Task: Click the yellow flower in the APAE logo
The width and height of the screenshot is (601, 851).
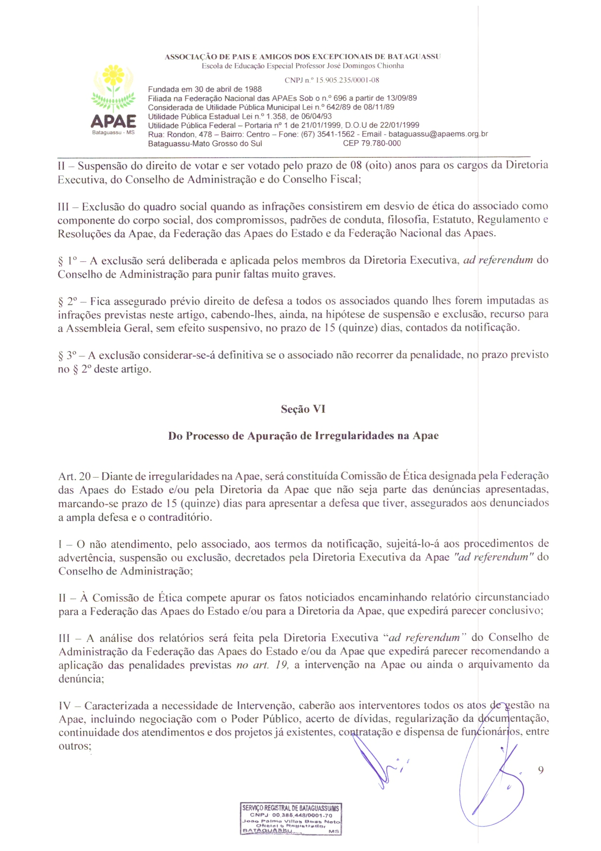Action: pyautogui.click(x=113, y=75)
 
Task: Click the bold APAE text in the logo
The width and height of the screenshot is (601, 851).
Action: pyautogui.click(x=113, y=121)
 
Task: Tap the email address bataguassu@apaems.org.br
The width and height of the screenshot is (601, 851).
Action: pyautogui.click(x=438, y=134)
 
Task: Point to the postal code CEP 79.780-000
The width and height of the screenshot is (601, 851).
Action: pyautogui.click(x=372, y=144)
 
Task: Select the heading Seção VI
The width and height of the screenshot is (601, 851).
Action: pyautogui.click(x=303, y=409)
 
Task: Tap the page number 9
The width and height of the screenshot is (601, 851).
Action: pyautogui.click(x=541, y=770)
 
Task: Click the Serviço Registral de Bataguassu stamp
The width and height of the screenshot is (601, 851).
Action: pyautogui.click(x=291, y=819)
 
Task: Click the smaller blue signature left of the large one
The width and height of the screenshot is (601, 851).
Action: pyautogui.click(x=380, y=761)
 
